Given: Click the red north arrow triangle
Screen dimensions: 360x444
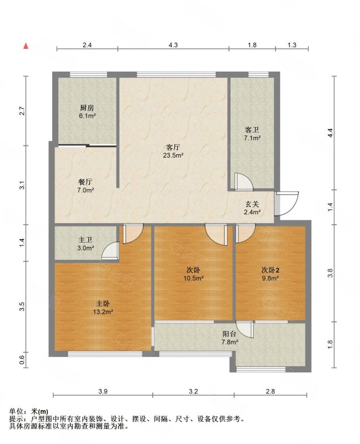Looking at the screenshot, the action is point(26,46).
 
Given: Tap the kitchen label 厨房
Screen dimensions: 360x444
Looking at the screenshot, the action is point(87,108).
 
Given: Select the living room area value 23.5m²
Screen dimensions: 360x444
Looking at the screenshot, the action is point(173,155).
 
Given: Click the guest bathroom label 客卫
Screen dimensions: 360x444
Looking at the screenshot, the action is point(252,130).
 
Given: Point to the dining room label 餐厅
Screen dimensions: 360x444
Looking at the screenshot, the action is point(86,182).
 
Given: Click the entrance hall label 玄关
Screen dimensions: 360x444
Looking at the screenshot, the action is point(252,204).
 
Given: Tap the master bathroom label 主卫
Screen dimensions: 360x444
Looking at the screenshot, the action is point(86,240).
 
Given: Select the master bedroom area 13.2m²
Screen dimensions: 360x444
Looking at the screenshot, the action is point(103,312).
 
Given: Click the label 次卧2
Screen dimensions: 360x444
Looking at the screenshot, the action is point(270,270).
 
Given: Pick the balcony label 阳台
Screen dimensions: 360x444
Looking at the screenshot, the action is point(229,334).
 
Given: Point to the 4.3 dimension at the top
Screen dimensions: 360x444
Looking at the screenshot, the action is point(173,45).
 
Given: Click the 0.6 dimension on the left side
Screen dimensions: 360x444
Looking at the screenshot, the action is point(22,360).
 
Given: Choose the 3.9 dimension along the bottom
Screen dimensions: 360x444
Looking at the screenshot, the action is point(103,391).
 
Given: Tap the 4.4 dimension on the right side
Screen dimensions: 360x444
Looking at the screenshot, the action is point(330,133).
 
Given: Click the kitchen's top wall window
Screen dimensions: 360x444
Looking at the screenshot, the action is point(89,74).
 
